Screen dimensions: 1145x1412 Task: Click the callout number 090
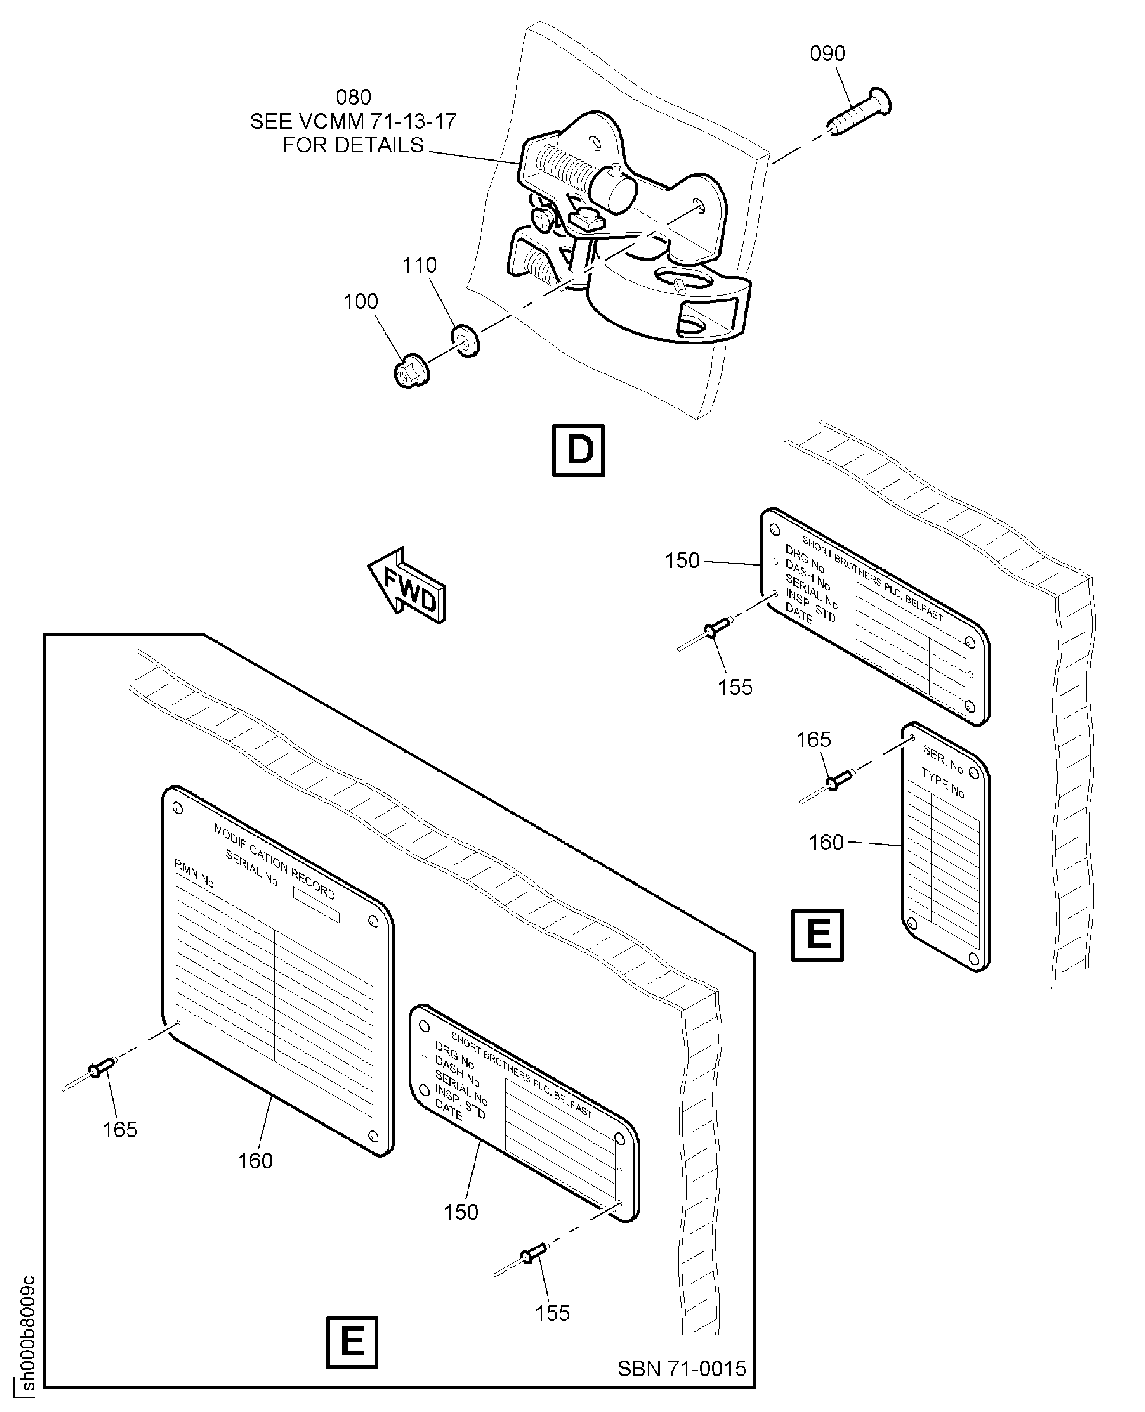click(x=827, y=54)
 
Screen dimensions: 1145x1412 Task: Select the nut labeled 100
click(x=411, y=372)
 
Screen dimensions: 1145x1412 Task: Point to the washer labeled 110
click(x=465, y=340)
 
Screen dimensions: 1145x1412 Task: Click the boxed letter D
click(x=578, y=450)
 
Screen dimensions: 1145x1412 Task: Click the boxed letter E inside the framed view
click(x=352, y=1342)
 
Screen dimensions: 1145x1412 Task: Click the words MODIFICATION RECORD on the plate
click(x=274, y=861)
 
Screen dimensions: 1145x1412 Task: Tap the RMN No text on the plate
click(x=194, y=873)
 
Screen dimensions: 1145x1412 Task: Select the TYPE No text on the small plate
click(x=943, y=783)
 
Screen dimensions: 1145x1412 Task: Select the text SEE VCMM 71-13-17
click(x=353, y=122)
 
